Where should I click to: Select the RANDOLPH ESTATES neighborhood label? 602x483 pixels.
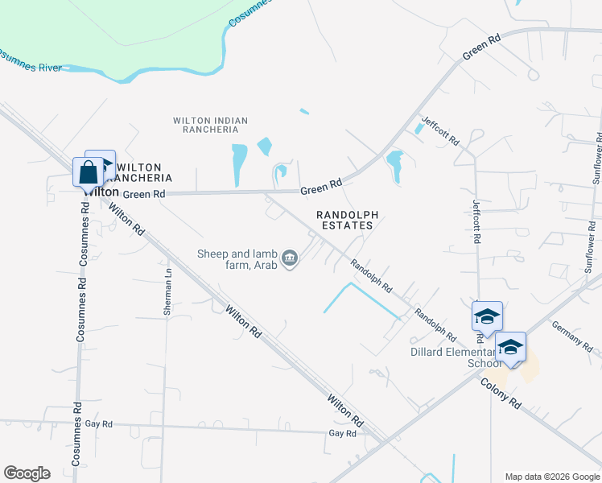[345, 221]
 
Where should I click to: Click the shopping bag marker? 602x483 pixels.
[88, 173]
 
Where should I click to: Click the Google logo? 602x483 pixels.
[27, 473]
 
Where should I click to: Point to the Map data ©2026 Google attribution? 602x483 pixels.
[551, 477]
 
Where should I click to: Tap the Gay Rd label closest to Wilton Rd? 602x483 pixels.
[342, 433]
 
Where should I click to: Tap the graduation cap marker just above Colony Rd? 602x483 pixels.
[510, 347]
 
